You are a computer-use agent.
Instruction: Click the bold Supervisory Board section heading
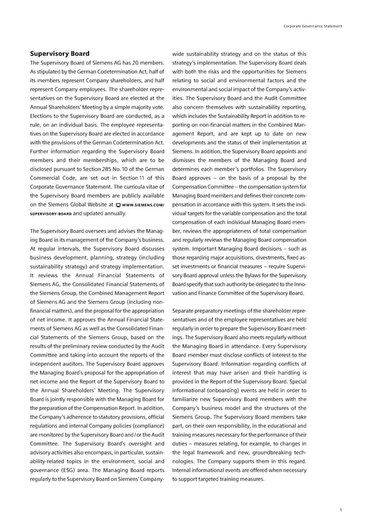coord(60,53)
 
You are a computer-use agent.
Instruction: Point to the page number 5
coord(340,509)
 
